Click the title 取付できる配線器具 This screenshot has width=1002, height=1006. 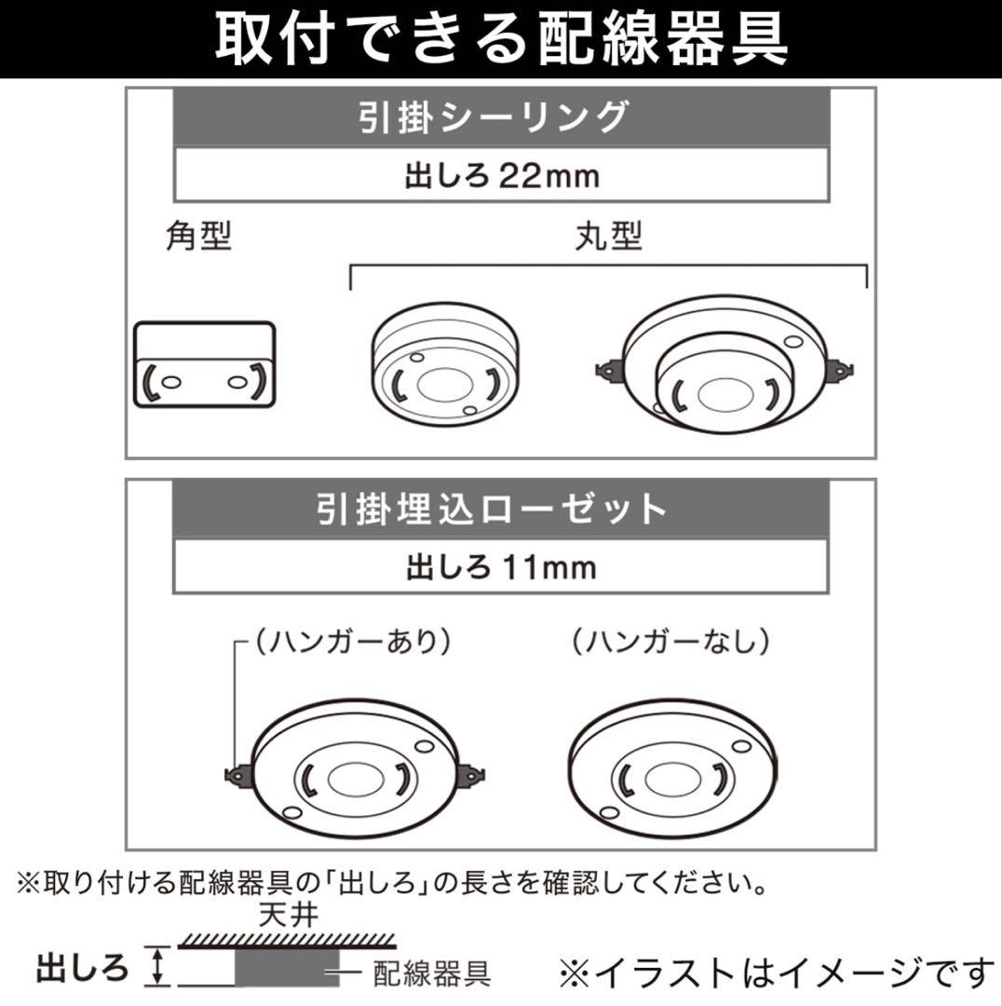coord(501,40)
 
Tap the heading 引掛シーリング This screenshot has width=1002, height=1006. coord(500,118)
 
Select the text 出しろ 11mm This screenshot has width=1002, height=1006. coord(500,566)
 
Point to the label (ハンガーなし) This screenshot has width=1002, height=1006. coord(670,641)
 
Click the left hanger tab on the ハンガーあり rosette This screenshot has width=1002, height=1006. coord(238,773)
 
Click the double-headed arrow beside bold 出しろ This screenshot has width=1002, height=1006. coord(157,966)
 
